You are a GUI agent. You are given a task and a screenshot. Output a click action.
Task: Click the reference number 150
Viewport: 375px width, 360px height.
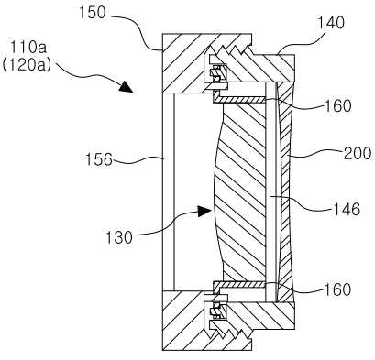(93, 13)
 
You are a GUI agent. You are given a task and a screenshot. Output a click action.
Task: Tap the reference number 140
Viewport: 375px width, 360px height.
(331, 22)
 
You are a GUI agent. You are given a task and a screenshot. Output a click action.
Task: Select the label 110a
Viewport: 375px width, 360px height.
(28, 49)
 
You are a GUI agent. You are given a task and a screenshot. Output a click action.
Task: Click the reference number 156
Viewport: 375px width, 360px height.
(99, 159)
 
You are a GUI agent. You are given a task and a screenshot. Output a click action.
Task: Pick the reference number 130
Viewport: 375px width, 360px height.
(119, 237)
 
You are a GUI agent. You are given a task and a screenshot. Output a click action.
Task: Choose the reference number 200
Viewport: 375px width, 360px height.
(358, 154)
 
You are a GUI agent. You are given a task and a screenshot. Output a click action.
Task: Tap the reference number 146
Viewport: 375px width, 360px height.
(347, 210)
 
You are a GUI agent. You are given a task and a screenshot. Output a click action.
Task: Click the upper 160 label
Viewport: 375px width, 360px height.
(338, 105)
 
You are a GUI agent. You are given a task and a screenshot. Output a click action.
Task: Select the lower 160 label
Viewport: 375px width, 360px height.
(337, 289)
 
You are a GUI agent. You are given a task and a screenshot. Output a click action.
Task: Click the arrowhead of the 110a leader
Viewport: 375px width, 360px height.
(126, 86)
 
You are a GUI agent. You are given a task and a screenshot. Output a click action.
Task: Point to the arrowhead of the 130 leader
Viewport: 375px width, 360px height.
(204, 211)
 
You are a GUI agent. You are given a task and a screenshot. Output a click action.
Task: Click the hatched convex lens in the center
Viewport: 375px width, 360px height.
(240, 191)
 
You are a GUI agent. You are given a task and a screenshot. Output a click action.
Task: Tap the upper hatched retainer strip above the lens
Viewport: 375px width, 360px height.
(238, 100)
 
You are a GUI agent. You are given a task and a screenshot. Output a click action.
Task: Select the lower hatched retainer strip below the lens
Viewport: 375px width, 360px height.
(238, 284)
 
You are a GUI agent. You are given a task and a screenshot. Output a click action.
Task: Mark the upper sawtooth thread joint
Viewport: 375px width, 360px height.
(231, 51)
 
